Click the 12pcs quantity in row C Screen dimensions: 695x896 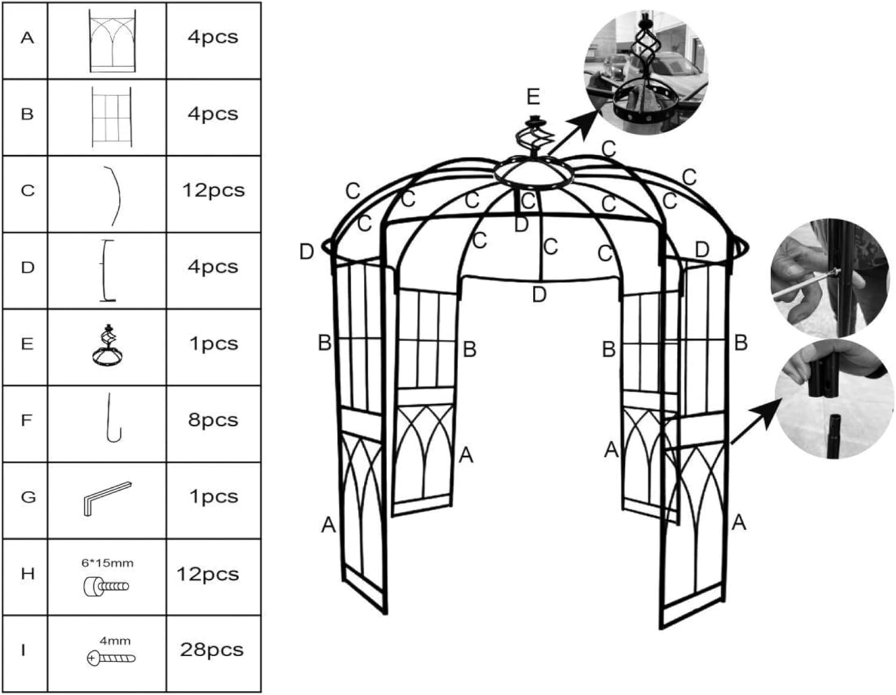coord(213,190)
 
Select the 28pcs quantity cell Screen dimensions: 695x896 coord(211,650)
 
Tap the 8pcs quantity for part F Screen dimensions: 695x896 coord(213,420)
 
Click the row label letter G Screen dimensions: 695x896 coord(28,497)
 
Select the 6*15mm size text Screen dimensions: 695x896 coord(108,563)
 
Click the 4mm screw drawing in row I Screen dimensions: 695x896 coord(111,658)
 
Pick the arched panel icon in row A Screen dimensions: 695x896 coord(112,41)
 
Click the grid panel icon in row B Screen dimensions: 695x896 coord(111,117)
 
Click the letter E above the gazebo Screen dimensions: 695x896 coord(533,97)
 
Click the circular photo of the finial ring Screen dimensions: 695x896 coord(645,72)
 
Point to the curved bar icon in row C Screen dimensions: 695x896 coord(113,195)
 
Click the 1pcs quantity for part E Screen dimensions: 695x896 coord(213,344)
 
